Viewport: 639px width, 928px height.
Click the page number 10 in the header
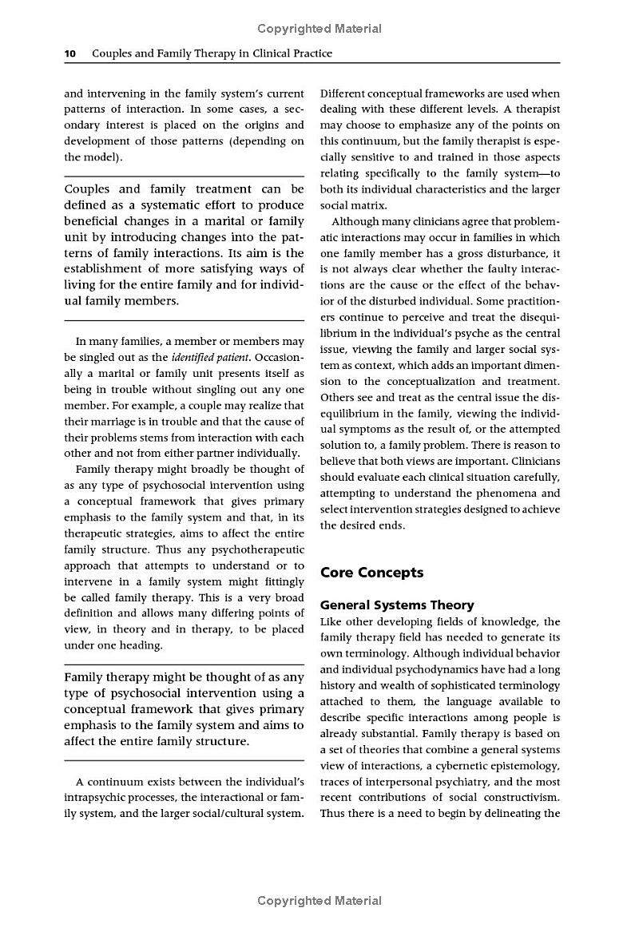pyautogui.click(x=69, y=54)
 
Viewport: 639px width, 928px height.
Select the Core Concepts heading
pyautogui.click(x=371, y=573)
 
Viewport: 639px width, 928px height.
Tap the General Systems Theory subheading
pyautogui.click(x=397, y=605)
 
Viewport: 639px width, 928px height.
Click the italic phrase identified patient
pyautogui.click(x=210, y=357)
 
